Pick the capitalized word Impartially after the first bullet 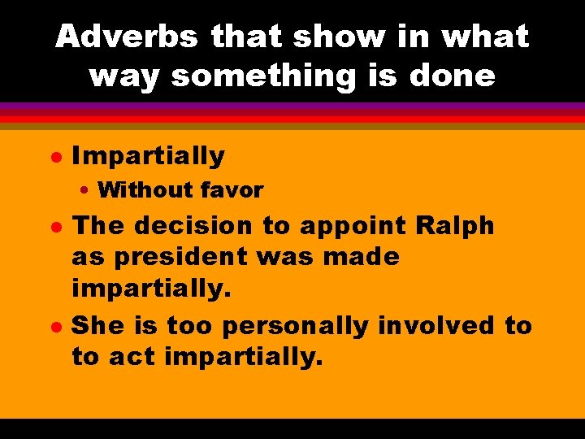pyautogui.click(x=148, y=154)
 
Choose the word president pyautogui.click(x=173, y=258)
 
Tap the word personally pyautogui.click(x=296, y=327)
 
